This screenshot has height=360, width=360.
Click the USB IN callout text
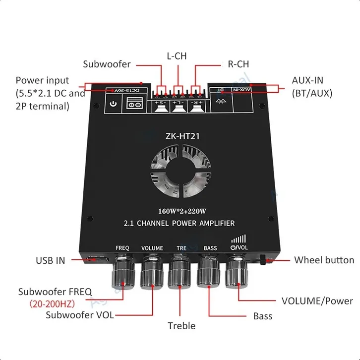pos(50,260)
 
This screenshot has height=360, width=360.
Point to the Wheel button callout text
pos(324,260)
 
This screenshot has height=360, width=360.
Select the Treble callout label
pos(181,326)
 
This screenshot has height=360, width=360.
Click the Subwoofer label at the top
pos(107,64)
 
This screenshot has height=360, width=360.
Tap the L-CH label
pos(176,56)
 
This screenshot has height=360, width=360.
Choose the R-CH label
pos(238,64)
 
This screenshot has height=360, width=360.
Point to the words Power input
pos(42,80)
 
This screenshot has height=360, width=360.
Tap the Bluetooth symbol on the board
pos(222,101)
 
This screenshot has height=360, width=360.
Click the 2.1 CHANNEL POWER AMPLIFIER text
pos(180,223)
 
